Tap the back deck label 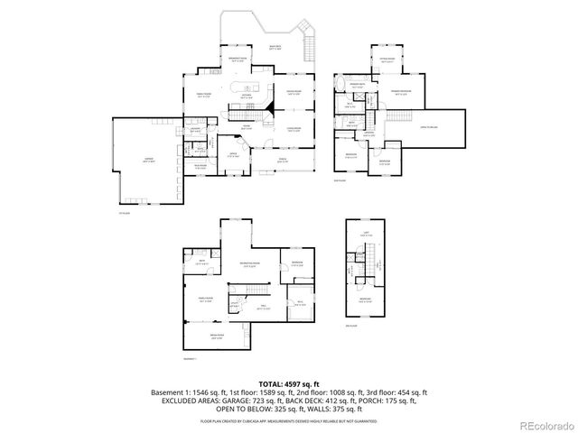(275, 47)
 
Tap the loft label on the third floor (366, 235)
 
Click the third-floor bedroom (365, 299)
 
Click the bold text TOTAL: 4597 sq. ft (288, 384)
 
